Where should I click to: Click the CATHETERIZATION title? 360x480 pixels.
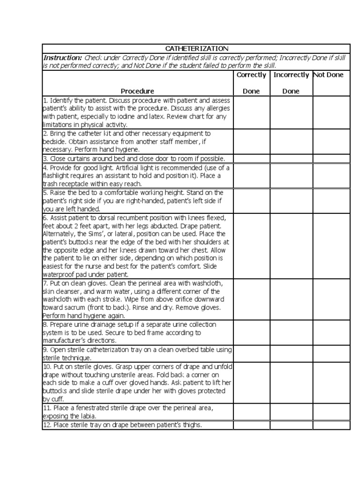point(196,49)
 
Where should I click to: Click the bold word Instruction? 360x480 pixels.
point(62,57)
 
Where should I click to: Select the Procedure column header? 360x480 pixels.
point(137,91)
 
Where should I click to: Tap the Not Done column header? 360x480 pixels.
point(328,75)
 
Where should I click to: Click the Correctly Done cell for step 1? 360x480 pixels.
point(251,112)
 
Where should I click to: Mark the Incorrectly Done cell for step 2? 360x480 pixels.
point(291,142)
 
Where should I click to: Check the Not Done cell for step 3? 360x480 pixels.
point(331,158)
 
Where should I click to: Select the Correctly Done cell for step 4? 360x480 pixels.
point(251,176)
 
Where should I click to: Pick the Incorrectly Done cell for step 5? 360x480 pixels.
point(291,201)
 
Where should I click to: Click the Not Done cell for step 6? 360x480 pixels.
point(331,246)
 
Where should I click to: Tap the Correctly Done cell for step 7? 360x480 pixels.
point(251,300)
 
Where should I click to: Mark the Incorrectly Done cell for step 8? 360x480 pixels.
point(291,333)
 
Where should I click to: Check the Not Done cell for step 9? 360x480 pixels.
point(331,354)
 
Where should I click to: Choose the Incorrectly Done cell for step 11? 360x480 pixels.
point(291,412)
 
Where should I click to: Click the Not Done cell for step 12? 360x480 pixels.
point(331,425)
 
